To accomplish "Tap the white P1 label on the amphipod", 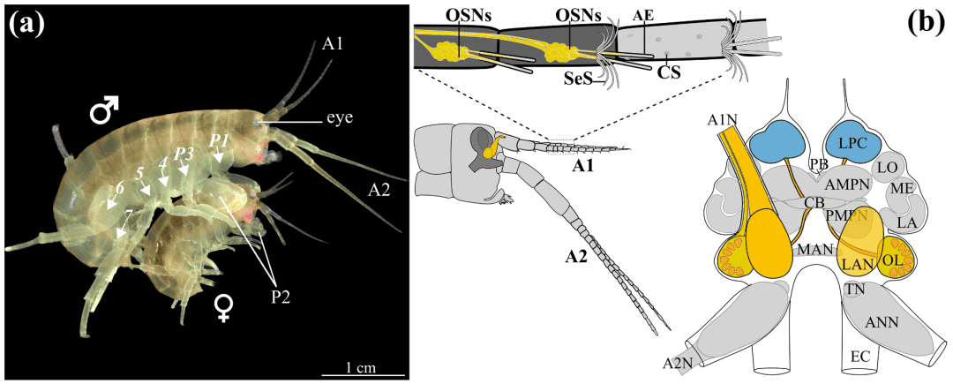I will [218, 142].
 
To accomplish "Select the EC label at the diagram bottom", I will [860, 356].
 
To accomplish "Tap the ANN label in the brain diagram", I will [882, 323].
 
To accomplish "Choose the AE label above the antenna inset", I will [644, 15].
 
